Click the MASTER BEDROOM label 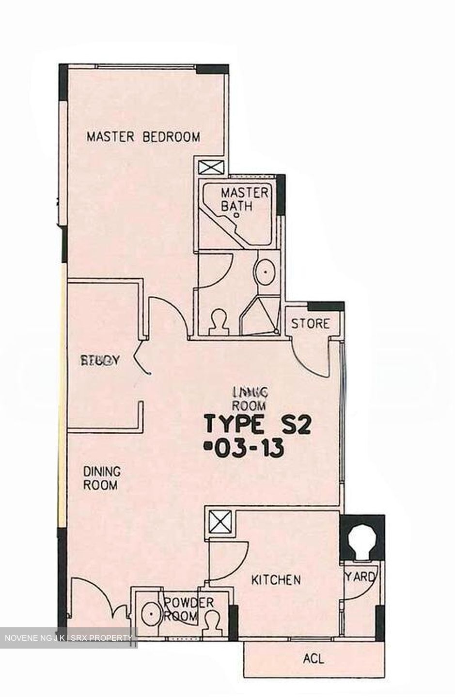pos(143,137)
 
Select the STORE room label pos(310,323)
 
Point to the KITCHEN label pos(276,579)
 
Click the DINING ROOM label pos(101,478)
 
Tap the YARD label pos(361,577)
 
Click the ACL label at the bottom pos(313,658)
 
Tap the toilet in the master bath pos(218,323)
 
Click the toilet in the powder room pos(211,621)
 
